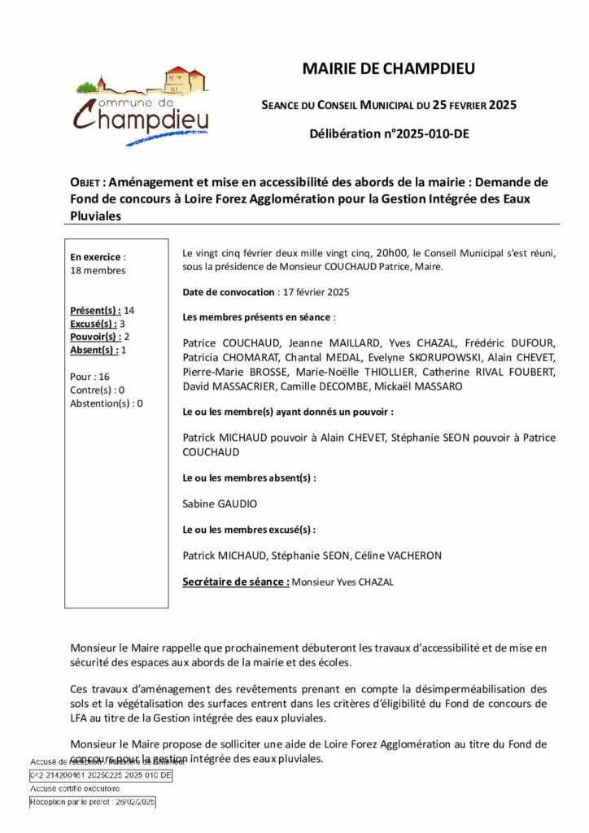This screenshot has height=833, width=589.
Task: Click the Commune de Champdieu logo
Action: [x=142, y=105]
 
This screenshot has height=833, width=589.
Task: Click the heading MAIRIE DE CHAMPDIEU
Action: [x=388, y=69]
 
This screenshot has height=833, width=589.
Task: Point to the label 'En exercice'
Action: [x=95, y=256]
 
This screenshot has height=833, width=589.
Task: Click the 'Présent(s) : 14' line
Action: [x=103, y=310]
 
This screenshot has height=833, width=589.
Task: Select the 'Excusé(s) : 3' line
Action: [x=98, y=323]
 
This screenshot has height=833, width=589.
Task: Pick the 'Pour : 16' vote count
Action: [x=89, y=377]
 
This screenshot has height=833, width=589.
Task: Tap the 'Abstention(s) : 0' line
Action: [x=106, y=403]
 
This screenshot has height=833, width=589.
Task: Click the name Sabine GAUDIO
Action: [x=220, y=504]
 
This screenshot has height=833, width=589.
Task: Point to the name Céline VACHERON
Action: [x=406, y=556]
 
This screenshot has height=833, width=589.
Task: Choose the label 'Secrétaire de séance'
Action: [x=234, y=582]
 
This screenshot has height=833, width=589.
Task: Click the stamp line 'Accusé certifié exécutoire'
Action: [x=75, y=788]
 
